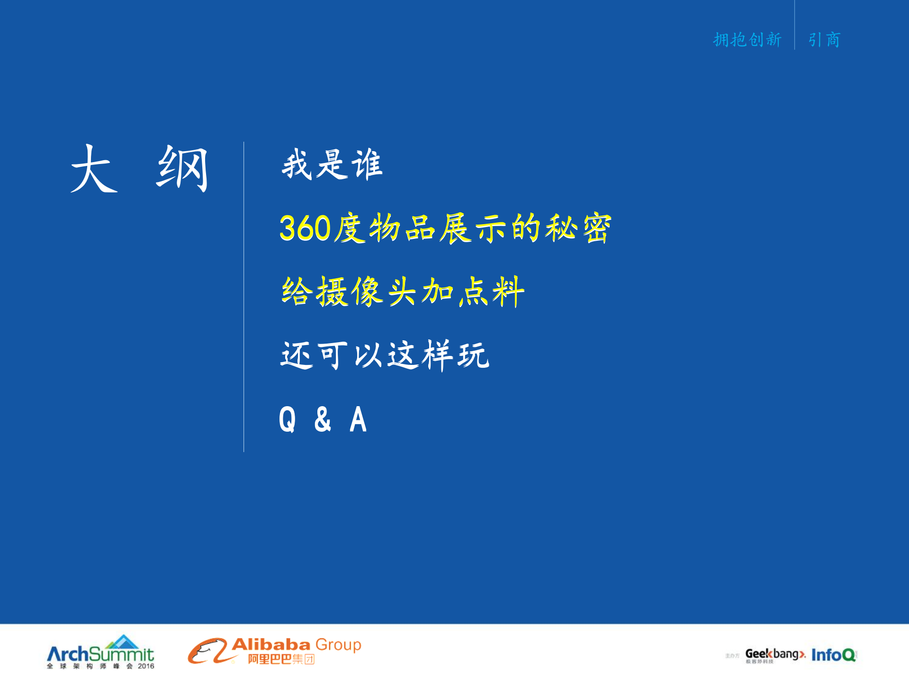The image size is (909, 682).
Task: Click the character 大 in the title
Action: [94, 169]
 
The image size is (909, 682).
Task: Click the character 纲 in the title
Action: [182, 169]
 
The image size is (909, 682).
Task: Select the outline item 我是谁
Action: [332, 164]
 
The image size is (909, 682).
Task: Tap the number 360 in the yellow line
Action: [305, 228]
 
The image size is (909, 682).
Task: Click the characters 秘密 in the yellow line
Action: [578, 228]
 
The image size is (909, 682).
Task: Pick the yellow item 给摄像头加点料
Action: [403, 291]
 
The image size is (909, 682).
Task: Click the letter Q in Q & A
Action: [287, 419]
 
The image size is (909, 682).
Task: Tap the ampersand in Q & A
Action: [323, 419]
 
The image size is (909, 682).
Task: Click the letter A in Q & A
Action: [358, 419]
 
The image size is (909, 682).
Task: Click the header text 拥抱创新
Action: [747, 40]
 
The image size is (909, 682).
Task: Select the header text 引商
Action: [824, 40]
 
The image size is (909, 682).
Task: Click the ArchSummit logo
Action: [100, 655]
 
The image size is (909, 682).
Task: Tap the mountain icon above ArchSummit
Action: [122, 642]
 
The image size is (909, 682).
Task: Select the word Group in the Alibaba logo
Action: [338, 645]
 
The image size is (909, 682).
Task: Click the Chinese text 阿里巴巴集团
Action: [281, 659]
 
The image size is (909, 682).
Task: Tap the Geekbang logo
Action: [774, 655]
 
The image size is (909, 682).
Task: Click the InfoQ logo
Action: [833, 655]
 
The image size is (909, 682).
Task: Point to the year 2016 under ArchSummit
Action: [146, 666]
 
